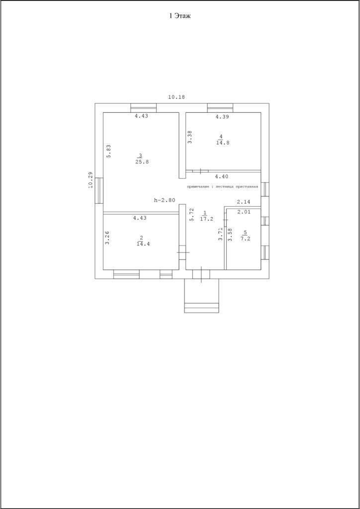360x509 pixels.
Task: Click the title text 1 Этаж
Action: [x=180, y=16]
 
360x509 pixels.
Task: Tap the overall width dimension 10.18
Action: [x=177, y=97]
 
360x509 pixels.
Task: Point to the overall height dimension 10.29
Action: [x=90, y=179]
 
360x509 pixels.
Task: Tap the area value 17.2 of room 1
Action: [x=204, y=218]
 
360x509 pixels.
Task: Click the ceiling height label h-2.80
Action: [x=165, y=200]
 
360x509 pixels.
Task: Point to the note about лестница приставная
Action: [x=222, y=186]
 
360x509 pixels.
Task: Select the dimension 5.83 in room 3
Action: [x=109, y=151]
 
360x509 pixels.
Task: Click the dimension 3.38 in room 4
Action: [x=189, y=137]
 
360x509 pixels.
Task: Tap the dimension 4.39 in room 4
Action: [x=222, y=117]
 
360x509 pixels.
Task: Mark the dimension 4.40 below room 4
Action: [x=221, y=176]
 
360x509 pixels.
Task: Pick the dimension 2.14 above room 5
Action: [x=243, y=202]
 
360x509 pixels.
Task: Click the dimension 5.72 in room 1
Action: [x=191, y=214]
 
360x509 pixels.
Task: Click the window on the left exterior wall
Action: [x=99, y=190]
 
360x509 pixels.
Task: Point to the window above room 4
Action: [x=220, y=106]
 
